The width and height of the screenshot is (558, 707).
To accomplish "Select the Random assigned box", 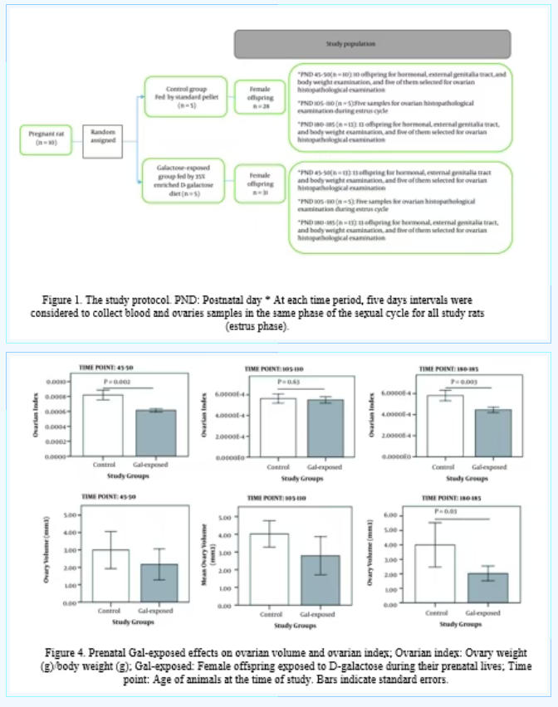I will pos(103,137).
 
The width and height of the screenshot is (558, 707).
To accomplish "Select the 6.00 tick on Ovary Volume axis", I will pos(402,515).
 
